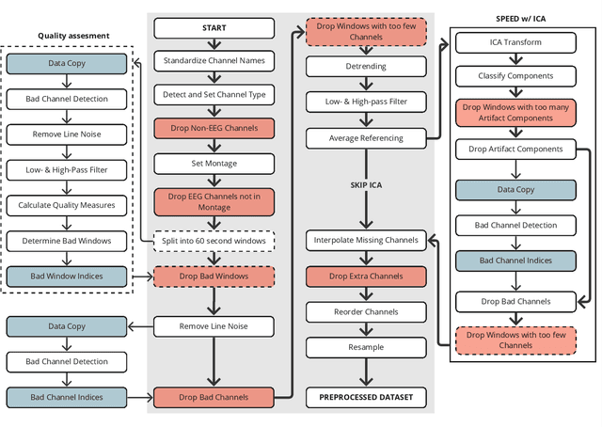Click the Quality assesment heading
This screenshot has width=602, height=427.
[x=73, y=36]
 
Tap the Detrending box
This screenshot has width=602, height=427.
[x=366, y=68]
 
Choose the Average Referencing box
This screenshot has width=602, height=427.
[x=366, y=138]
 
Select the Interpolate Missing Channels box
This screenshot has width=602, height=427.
[x=366, y=241]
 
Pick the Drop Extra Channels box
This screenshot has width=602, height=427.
[x=366, y=277]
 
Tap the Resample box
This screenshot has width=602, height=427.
[x=366, y=347]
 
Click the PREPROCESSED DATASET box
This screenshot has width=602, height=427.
[x=366, y=397]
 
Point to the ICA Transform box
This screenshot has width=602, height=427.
[x=515, y=41]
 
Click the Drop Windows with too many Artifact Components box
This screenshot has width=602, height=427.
[x=515, y=112]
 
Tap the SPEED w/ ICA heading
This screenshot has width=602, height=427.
[x=526, y=18]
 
